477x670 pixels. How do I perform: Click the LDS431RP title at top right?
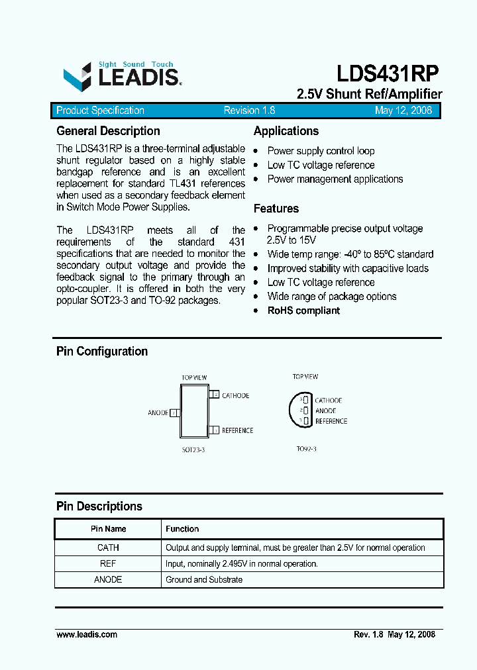[x=387, y=73]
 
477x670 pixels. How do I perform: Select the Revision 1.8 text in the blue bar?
[x=249, y=111]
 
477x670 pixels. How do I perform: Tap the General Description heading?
[x=108, y=131]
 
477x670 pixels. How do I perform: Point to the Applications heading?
[x=286, y=131]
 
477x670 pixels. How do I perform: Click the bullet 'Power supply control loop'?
[x=321, y=151]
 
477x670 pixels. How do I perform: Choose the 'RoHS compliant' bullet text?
[x=303, y=311]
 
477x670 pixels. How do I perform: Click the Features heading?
[x=276, y=209]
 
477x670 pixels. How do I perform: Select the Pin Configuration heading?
[x=102, y=352]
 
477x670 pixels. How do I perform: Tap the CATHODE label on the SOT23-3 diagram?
[x=235, y=396]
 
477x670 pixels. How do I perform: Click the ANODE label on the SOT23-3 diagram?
[x=158, y=413]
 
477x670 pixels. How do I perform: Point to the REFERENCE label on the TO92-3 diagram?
[x=331, y=421]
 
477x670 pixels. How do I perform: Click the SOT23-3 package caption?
[x=194, y=449]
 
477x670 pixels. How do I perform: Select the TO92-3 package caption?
[x=306, y=449]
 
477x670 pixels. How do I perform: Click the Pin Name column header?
[x=109, y=529]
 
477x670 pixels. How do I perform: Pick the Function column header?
[x=182, y=529]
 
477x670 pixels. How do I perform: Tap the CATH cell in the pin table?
[x=109, y=548]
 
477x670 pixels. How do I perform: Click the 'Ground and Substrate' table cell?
[x=204, y=579]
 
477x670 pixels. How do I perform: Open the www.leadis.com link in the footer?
[x=87, y=634]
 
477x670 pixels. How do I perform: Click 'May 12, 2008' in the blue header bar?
[x=403, y=111]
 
